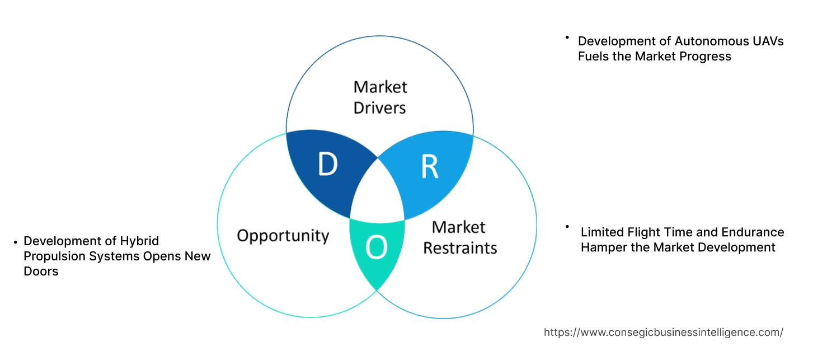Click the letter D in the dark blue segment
pyautogui.click(x=327, y=165)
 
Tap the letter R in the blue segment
pyautogui.click(x=429, y=166)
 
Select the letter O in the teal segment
pyautogui.click(x=377, y=247)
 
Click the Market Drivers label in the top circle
pyautogui.click(x=380, y=97)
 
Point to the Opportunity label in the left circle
pyautogui.click(x=283, y=235)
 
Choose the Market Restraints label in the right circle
pyautogui.click(x=459, y=237)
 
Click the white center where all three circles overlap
pyautogui.click(x=378, y=193)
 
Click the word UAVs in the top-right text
pyautogui.click(x=767, y=41)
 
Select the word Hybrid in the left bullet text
pyautogui.click(x=139, y=241)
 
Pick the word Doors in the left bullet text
pyautogui.click(x=41, y=271)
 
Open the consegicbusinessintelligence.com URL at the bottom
pyautogui.click(x=663, y=332)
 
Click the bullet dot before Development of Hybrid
pyautogui.click(x=15, y=242)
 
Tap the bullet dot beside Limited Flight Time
pyautogui.click(x=567, y=227)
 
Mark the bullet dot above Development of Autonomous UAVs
pyautogui.click(x=567, y=38)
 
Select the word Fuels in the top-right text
pyautogui.click(x=594, y=56)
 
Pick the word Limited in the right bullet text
pyautogui.click(x=603, y=232)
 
